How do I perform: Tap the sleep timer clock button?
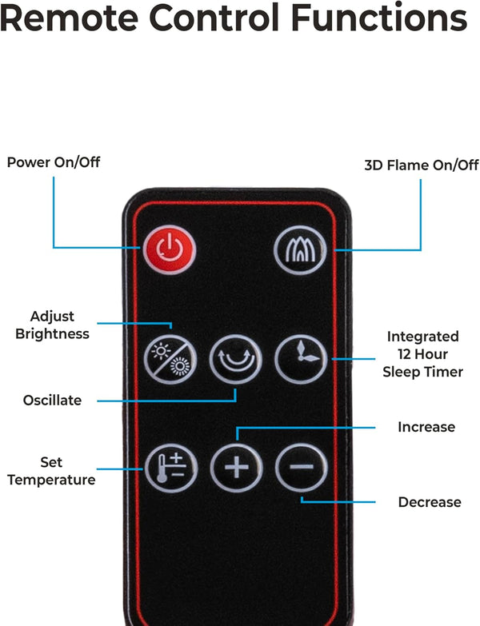click(x=301, y=359)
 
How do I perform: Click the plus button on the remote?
click(x=236, y=467)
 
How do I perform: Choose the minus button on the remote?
click(x=301, y=467)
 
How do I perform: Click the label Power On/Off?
click(x=54, y=162)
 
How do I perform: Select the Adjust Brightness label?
click(x=52, y=325)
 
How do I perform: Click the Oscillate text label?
click(x=52, y=400)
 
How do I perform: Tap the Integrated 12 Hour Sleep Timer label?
click(x=422, y=354)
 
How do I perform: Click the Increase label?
click(x=426, y=427)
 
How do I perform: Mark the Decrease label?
click(x=430, y=502)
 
